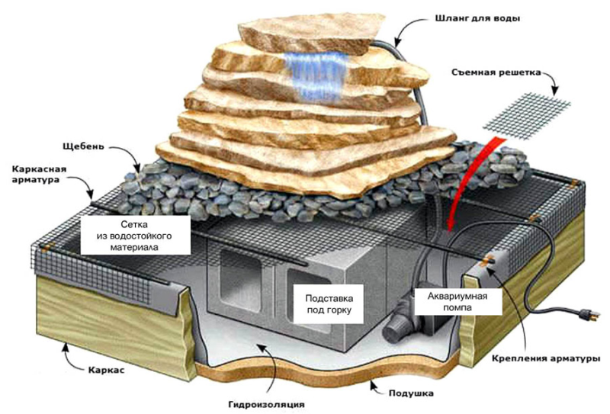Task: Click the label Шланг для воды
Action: (477, 18)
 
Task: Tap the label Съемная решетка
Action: (496, 72)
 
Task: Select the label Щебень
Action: (83, 146)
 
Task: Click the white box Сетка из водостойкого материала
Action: (135, 236)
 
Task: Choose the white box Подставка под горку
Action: (329, 304)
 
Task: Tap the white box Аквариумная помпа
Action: (457, 302)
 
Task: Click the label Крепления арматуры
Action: (546, 358)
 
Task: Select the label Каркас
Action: (107, 370)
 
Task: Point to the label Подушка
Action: (411, 393)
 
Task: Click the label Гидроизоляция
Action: (266, 404)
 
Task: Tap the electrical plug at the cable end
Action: (586, 314)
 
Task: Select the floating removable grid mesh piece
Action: (527, 116)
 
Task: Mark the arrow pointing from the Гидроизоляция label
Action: (272, 369)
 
